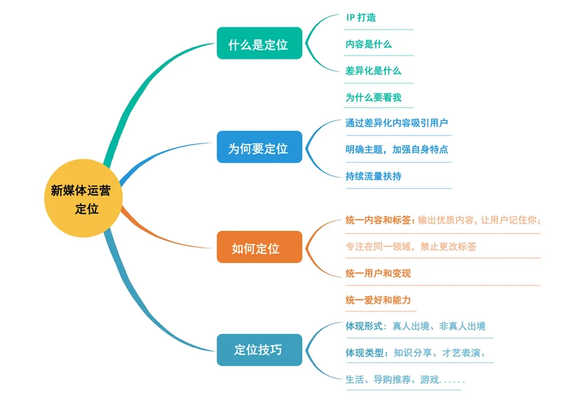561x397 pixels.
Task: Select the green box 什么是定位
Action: coord(259,44)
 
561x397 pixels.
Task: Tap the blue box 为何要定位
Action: coord(259,147)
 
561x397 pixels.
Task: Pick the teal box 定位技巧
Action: coord(259,349)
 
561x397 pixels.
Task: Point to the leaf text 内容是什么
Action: coord(369,44)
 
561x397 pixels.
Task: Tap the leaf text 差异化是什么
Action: coord(373,71)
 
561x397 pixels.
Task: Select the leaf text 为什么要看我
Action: coord(373,97)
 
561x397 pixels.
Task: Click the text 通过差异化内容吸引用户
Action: coord(397,123)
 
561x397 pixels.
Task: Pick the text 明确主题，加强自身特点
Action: coord(397,149)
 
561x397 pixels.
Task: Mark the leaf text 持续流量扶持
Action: coord(373,176)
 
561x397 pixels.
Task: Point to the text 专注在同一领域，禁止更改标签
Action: coord(411,246)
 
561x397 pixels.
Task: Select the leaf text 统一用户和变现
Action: coord(378,273)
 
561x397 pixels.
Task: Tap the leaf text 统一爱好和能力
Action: coord(378,300)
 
